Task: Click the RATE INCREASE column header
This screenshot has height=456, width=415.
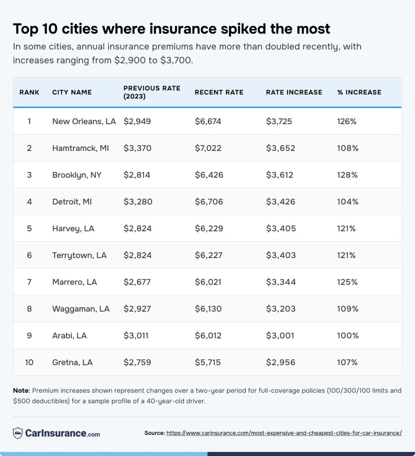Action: pos(294,92)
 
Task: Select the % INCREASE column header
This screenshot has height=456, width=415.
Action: pos(359,92)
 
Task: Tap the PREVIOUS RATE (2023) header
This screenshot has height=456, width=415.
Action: pos(152,92)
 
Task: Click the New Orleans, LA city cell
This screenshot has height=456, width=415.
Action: pos(84,121)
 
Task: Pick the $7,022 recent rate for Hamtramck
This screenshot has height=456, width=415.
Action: pos(208,148)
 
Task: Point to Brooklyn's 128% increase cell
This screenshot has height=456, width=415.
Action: pos(347,175)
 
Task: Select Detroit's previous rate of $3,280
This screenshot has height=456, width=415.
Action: pos(138,202)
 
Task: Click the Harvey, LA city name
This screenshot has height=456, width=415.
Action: pos(73,229)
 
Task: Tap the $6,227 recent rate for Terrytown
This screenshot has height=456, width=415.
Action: pos(208,255)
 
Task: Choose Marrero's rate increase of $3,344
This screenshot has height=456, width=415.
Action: pos(281,282)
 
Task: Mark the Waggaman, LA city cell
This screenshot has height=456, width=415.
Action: pos(81,309)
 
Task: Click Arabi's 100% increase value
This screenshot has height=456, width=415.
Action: pos(348,335)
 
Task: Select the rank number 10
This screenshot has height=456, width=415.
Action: pos(29,362)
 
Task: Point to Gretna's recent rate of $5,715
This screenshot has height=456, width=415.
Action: pos(207,362)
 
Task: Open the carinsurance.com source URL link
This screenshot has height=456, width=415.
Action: pos(284,433)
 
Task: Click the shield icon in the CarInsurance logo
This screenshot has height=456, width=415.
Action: pos(17,433)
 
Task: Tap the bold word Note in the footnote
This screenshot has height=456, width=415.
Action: pos(21,390)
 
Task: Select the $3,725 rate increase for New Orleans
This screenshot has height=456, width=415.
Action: pos(279,121)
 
